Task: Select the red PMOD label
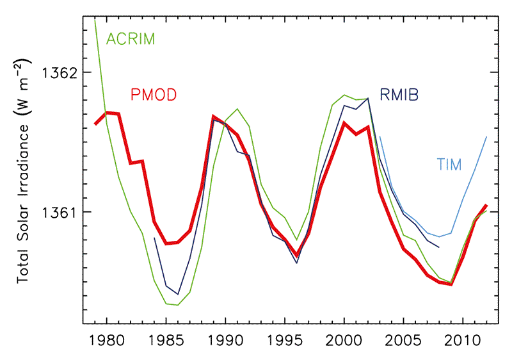153,95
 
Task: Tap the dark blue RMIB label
403,95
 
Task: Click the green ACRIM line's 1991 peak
237,109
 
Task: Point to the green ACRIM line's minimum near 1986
178,305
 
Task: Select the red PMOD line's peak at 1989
213,117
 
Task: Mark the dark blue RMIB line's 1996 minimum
297,263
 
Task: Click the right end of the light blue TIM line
486,136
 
